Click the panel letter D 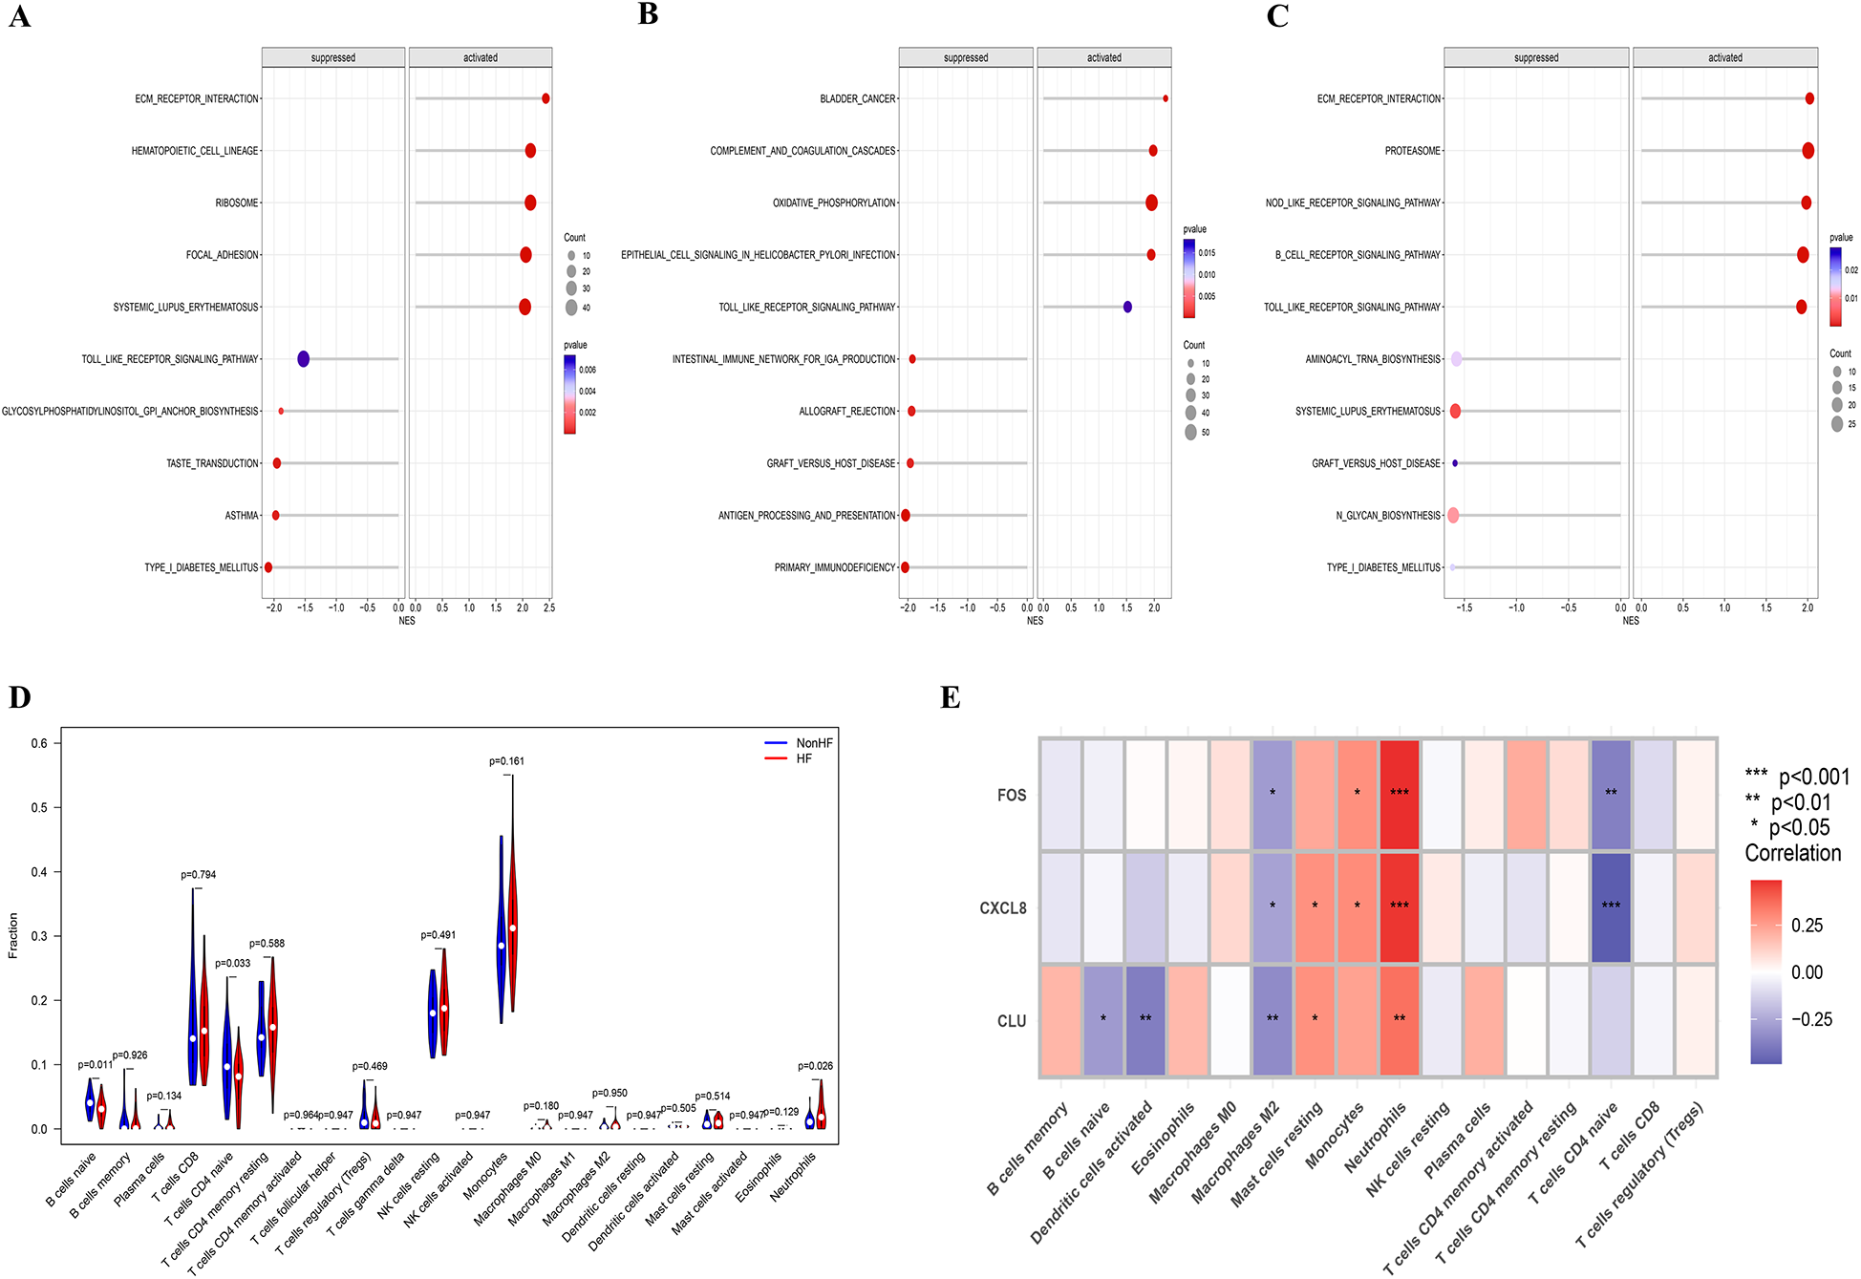click(x=19, y=697)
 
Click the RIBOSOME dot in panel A click(x=530, y=203)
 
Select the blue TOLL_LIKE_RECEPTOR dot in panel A click(x=303, y=359)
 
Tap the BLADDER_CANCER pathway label click(x=857, y=98)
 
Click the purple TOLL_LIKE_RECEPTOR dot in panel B click(x=1127, y=307)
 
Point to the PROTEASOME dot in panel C click(x=1808, y=151)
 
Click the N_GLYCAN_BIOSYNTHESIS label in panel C click(x=1387, y=516)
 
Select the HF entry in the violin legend click(x=803, y=758)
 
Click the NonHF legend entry click(x=814, y=743)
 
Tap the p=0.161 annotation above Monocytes click(x=506, y=761)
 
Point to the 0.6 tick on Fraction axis click(x=39, y=743)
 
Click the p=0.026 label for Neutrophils click(x=815, y=1066)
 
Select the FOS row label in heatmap click(x=1011, y=795)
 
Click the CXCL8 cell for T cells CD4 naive click(x=1611, y=906)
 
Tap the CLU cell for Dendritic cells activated click(x=1145, y=1020)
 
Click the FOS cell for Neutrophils click(x=1400, y=795)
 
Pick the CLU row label click(x=1011, y=1021)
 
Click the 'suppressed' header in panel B click(x=965, y=57)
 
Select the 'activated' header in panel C click(x=1724, y=57)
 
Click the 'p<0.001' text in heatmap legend click(x=1813, y=778)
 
